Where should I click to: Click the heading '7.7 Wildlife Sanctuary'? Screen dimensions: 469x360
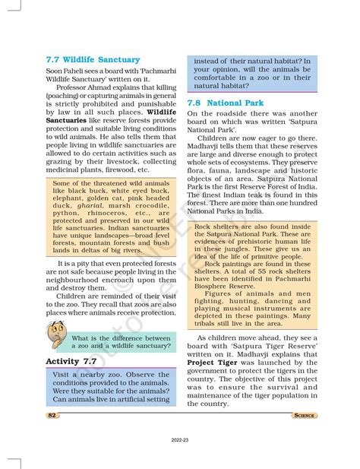(x=93, y=59)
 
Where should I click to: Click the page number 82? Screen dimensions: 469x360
(x=52, y=416)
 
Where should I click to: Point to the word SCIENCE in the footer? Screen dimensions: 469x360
(x=305, y=416)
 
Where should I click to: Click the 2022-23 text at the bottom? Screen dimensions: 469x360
(x=180, y=441)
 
